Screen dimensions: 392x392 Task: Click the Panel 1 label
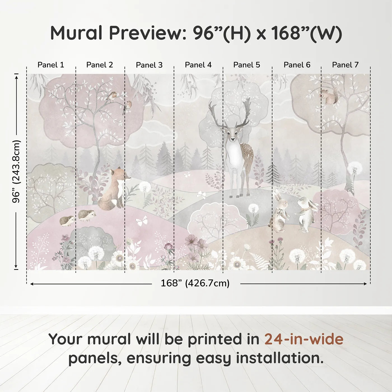tap(51, 65)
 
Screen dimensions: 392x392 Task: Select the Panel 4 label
tap(198, 65)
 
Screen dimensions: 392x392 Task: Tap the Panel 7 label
tap(345, 65)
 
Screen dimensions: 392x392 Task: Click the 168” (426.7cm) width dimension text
tap(195, 283)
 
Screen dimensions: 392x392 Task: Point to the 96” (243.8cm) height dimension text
tap(17, 171)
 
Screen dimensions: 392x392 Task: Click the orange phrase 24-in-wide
tap(304, 339)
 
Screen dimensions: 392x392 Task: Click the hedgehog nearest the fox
tap(87, 215)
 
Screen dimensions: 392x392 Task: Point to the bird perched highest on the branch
tap(112, 96)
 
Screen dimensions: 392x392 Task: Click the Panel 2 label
tap(99, 65)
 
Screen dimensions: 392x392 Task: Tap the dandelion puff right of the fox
tap(145, 187)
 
